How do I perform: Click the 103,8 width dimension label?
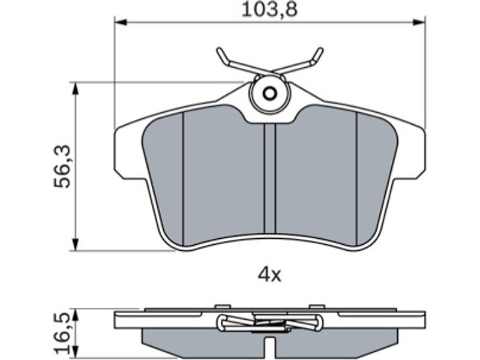click(269, 10)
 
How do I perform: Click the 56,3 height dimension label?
click(62, 167)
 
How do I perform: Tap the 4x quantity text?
click(269, 276)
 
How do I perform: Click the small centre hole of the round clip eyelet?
click(269, 94)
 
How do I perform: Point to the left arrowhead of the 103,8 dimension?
click(121, 22)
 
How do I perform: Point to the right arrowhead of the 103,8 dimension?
click(419, 22)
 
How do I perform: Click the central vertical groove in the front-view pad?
click(269, 179)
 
